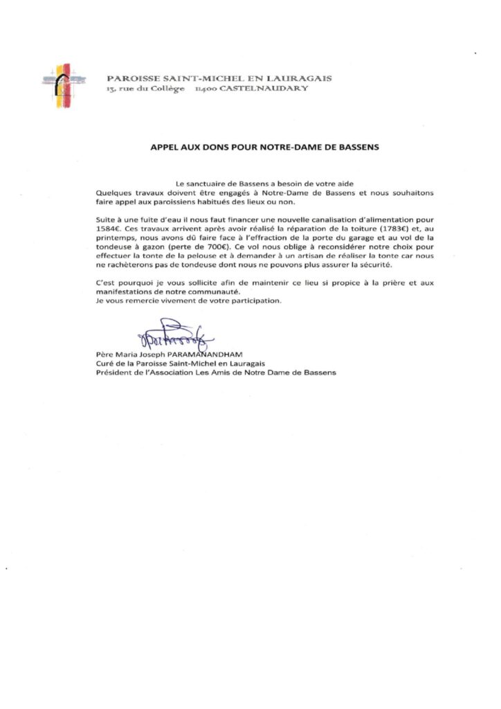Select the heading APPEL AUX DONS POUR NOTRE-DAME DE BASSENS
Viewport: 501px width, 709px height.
(x=266, y=147)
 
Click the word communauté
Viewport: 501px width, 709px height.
(x=203, y=291)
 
